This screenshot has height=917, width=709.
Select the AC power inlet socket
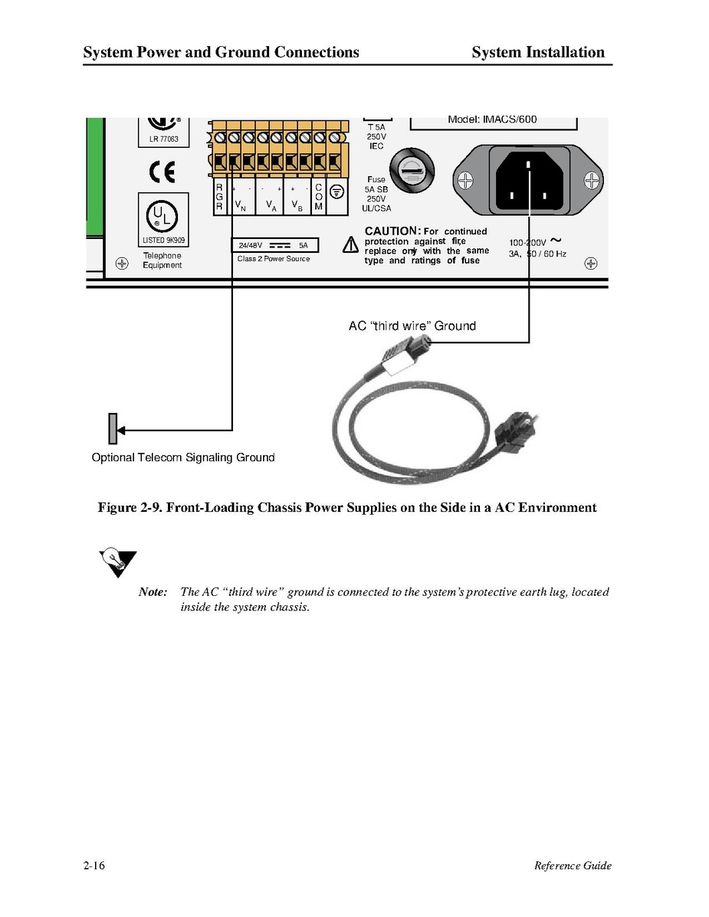coord(528,181)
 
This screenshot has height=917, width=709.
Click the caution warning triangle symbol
coord(350,246)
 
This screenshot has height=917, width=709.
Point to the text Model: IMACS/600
coord(494,120)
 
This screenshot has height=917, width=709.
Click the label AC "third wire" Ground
coord(412,326)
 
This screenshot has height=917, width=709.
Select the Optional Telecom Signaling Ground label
coord(182,457)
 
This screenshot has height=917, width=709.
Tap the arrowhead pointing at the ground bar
coord(121,430)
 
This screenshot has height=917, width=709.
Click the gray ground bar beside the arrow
coord(112,428)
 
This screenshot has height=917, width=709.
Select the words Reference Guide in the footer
coord(573,866)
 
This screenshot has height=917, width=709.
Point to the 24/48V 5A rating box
coord(275,245)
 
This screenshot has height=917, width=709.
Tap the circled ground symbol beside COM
coord(336,192)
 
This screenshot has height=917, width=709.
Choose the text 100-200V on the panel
coord(528,243)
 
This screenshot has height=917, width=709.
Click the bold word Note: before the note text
coord(153,592)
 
